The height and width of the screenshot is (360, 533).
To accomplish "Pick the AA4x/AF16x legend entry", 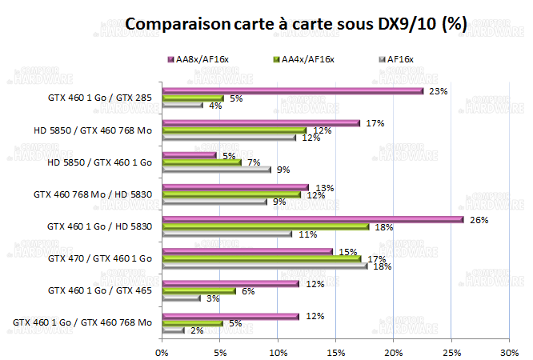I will click(307, 59).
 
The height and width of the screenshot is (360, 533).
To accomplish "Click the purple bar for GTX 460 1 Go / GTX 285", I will click(292, 90).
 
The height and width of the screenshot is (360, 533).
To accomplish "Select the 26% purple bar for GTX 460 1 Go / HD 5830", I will click(312, 219).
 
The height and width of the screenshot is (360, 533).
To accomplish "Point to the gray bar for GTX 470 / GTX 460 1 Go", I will click(265, 266).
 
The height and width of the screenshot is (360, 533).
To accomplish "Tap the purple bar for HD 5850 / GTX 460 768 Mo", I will click(261, 122).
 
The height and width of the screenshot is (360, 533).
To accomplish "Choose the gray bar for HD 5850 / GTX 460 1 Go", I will click(216, 169).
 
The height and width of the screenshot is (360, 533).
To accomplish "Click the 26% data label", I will click(478, 220).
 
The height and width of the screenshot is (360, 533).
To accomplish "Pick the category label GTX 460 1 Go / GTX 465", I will click(100, 290).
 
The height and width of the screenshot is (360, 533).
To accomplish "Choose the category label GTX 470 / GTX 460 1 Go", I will click(100, 258).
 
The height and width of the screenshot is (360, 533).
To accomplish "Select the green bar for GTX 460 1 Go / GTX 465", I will click(199, 290).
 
